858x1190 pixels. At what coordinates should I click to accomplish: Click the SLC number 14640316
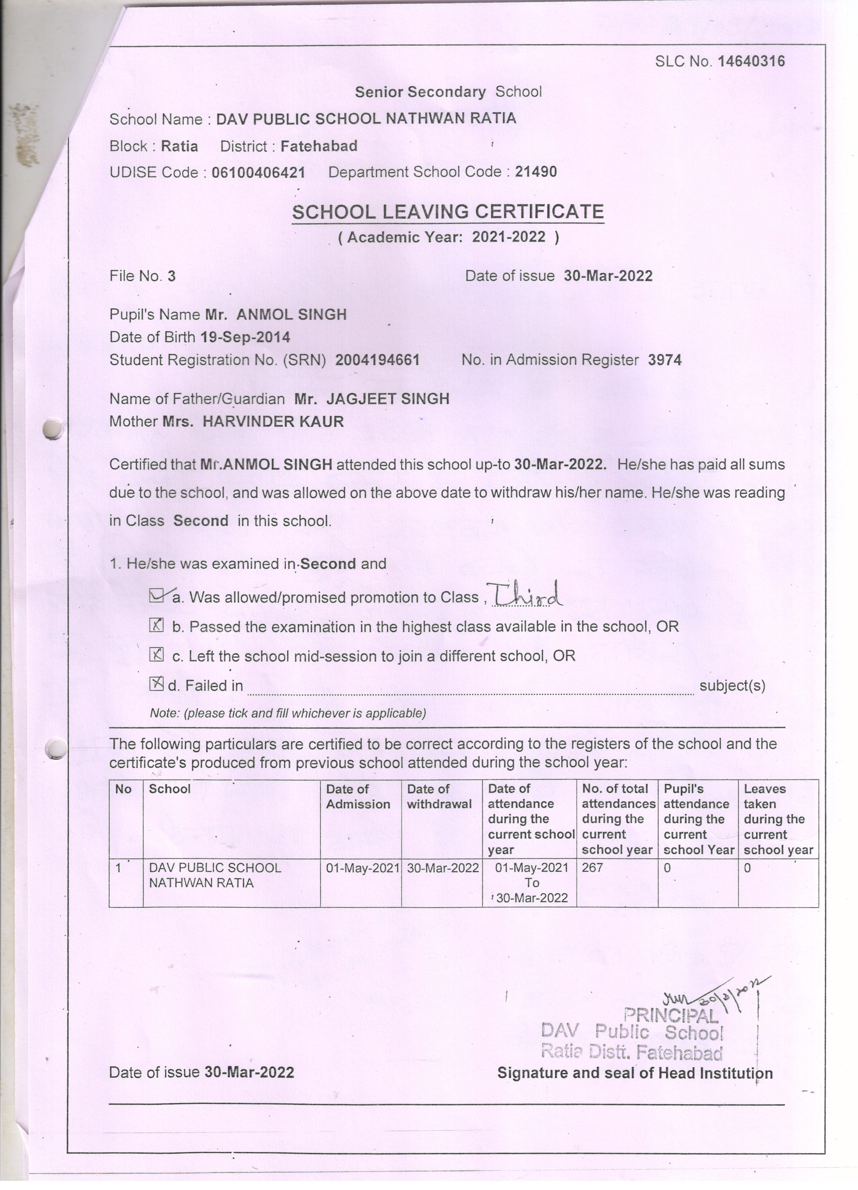tap(751, 62)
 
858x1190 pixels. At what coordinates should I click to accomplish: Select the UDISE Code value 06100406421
tap(258, 173)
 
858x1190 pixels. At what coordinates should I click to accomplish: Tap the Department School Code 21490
tap(536, 172)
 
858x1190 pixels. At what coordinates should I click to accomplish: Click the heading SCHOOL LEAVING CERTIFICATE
tap(448, 212)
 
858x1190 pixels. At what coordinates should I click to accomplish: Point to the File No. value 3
tap(172, 277)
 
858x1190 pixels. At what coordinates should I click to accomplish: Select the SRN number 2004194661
tap(377, 360)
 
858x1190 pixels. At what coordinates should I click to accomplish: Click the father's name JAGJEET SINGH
tap(388, 399)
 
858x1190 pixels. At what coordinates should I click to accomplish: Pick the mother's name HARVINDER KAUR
tap(273, 421)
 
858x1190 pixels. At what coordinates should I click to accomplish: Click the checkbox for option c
tap(156, 654)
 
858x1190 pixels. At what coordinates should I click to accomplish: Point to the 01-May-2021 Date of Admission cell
tap(362, 868)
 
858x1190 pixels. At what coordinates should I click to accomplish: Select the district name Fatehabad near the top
tap(319, 146)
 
